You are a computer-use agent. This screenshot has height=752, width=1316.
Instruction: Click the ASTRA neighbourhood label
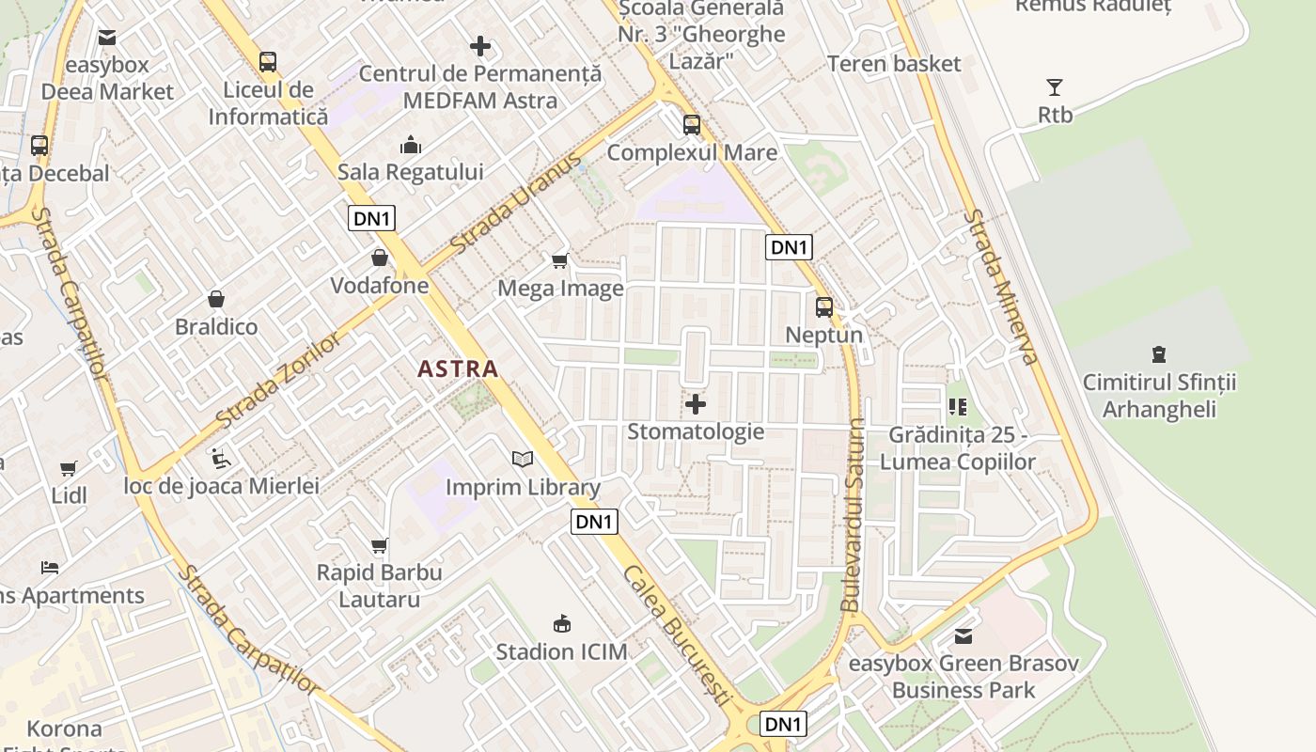(x=458, y=369)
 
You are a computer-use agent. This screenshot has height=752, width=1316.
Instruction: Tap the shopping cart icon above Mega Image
(x=560, y=260)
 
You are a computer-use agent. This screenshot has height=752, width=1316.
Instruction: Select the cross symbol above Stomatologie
(x=696, y=405)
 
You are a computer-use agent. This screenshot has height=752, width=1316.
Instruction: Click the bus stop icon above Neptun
(x=824, y=307)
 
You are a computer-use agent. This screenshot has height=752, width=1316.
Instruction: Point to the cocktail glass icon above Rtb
(x=1055, y=87)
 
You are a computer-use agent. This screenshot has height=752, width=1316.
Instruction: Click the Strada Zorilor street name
(x=278, y=379)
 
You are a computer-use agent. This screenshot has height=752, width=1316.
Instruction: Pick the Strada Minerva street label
(x=1000, y=286)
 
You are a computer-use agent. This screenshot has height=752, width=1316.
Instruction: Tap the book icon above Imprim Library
(x=523, y=460)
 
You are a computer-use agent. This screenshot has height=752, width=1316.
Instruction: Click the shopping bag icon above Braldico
(x=216, y=300)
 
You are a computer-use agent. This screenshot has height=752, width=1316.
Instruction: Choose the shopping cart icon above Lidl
(x=69, y=468)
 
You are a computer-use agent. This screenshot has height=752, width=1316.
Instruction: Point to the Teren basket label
(x=894, y=64)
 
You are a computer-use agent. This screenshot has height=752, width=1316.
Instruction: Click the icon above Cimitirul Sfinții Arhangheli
(x=1158, y=354)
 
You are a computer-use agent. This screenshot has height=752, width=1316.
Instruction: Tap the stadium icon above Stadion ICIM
(x=562, y=623)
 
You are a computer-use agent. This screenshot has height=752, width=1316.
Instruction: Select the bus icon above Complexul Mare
(x=692, y=124)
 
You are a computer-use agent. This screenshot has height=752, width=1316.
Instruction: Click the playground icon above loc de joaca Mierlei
(x=221, y=458)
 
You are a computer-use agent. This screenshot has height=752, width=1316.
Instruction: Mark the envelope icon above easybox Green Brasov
(x=963, y=636)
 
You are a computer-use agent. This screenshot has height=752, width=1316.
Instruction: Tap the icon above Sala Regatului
(x=411, y=145)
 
